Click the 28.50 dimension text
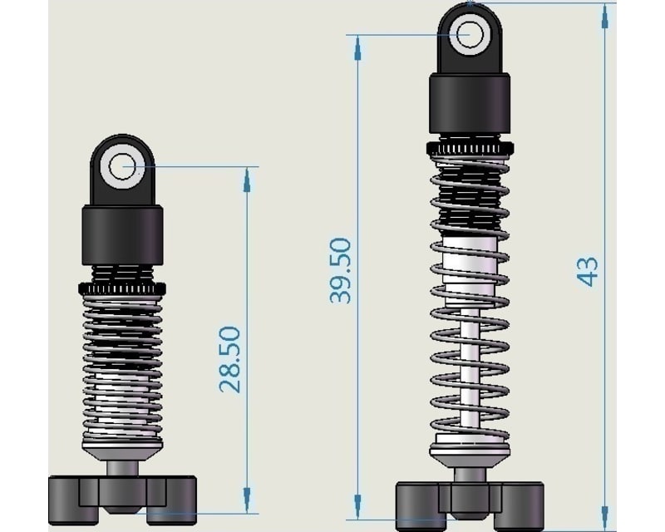pyautogui.click(x=230, y=359)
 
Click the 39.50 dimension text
pyautogui.click(x=341, y=270)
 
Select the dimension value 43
pyautogui.click(x=588, y=272)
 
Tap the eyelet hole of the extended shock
pyautogui.click(x=470, y=35)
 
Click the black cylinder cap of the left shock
pyautogui.click(x=122, y=235)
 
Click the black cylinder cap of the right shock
pyautogui.click(x=470, y=103)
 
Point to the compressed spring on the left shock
pyautogui.click(x=122, y=366)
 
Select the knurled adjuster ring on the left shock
pyautogui.click(x=122, y=288)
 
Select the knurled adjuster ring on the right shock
pyautogui.click(x=470, y=149)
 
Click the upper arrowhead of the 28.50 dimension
pyautogui.click(x=247, y=179)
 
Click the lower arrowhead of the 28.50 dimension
pyautogui.click(x=247, y=499)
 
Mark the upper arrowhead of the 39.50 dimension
pyautogui.click(x=357, y=48)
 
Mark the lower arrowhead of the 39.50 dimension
pyautogui.click(x=357, y=507)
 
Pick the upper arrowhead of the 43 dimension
pyautogui.click(x=604, y=15)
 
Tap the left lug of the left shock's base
pyautogui.click(x=66, y=499)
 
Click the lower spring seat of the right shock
pyautogui.click(x=470, y=453)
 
